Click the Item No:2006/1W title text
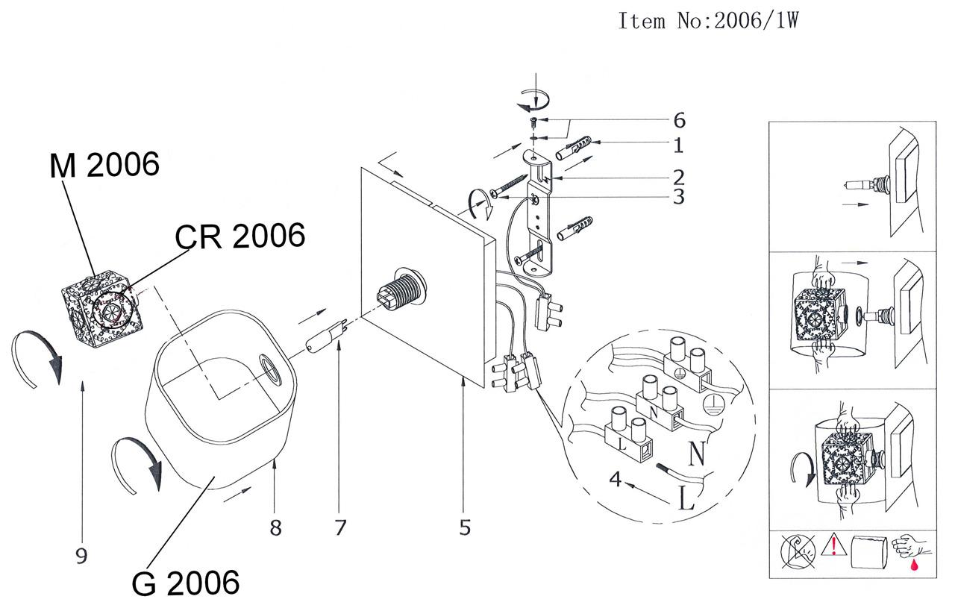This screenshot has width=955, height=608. pyautogui.click(x=708, y=21)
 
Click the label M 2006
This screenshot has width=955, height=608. pyautogui.click(x=104, y=166)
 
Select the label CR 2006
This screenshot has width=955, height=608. pyautogui.click(x=240, y=236)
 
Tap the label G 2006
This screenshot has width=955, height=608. pyautogui.click(x=186, y=582)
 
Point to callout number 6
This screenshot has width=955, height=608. pyautogui.click(x=678, y=120)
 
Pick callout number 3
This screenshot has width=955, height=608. pyautogui.click(x=678, y=198)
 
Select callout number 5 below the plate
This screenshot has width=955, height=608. pyautogui.click(x=465, y=527)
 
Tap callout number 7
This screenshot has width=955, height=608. pyautogui.click(x=340, y=527)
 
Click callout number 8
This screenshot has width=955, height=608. pyautogui.click(x=275, y=527)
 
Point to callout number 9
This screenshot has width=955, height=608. pyautogui.click(x=81, y=555)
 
